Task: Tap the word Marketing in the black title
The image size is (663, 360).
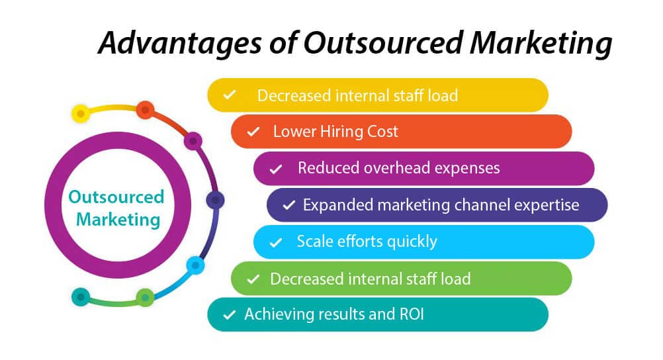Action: click(x=541, y=44)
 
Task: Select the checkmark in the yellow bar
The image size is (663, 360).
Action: click(x=229, y=95)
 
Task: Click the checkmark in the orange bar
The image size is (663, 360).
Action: click(x=253, y=132)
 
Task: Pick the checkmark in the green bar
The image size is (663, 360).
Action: click(x=253, y=279)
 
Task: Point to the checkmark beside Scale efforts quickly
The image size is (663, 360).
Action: click(x=276, y=242)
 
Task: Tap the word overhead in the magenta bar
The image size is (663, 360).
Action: click(x=396, y=168)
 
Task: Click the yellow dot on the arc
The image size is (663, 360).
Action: click(x=80, y=113)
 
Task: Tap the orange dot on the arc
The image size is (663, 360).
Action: click(x=145, y=110)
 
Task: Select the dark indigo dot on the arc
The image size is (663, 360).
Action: click(x=215, y=200)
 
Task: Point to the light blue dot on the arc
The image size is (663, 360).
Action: click(x=195, y=265)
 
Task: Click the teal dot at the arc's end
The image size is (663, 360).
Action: click(x=80, y=296)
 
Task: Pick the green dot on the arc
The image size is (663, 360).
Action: click(x=145, y=298)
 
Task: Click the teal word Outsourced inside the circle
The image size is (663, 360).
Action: click(x=116, y=197)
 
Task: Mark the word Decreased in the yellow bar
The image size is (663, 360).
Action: click(x=294, y=95)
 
